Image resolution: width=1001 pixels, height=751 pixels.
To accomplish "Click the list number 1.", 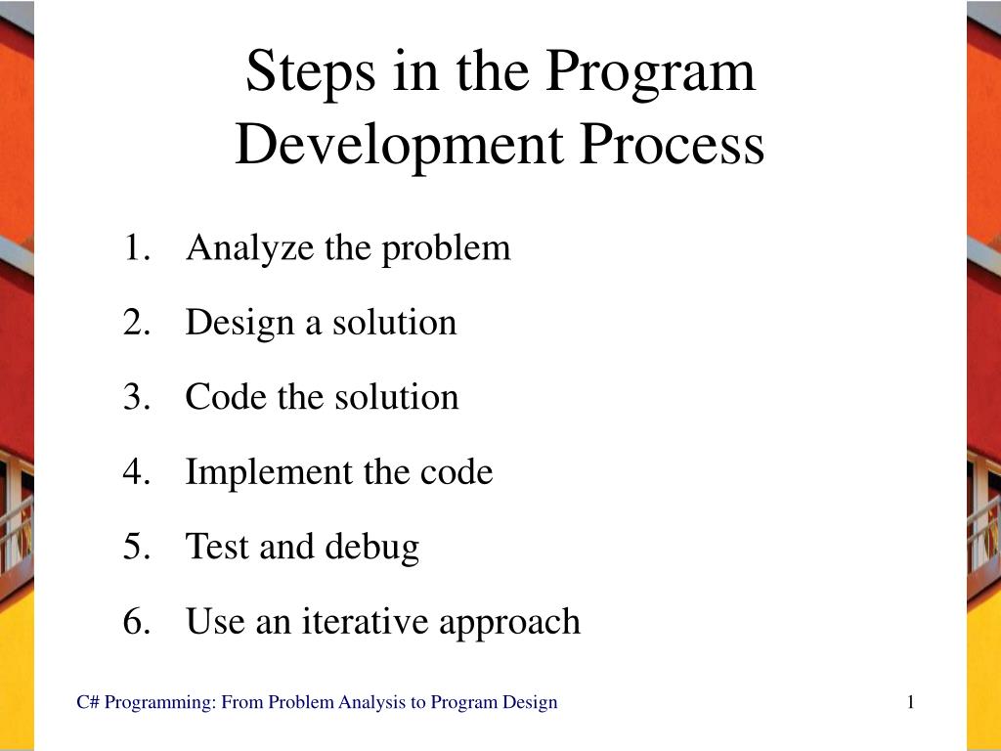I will pos(134,248).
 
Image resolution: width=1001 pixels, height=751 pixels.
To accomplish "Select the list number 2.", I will pos(134,323).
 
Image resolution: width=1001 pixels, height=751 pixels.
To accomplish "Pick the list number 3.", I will pos(134,398).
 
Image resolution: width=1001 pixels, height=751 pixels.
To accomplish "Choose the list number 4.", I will pos(134,473).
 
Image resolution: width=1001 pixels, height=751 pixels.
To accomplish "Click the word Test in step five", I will pos(217,547).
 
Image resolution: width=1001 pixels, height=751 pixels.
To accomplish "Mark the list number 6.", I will pos(134,622).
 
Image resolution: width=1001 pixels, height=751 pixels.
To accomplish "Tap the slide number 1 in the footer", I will pos(910,702).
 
